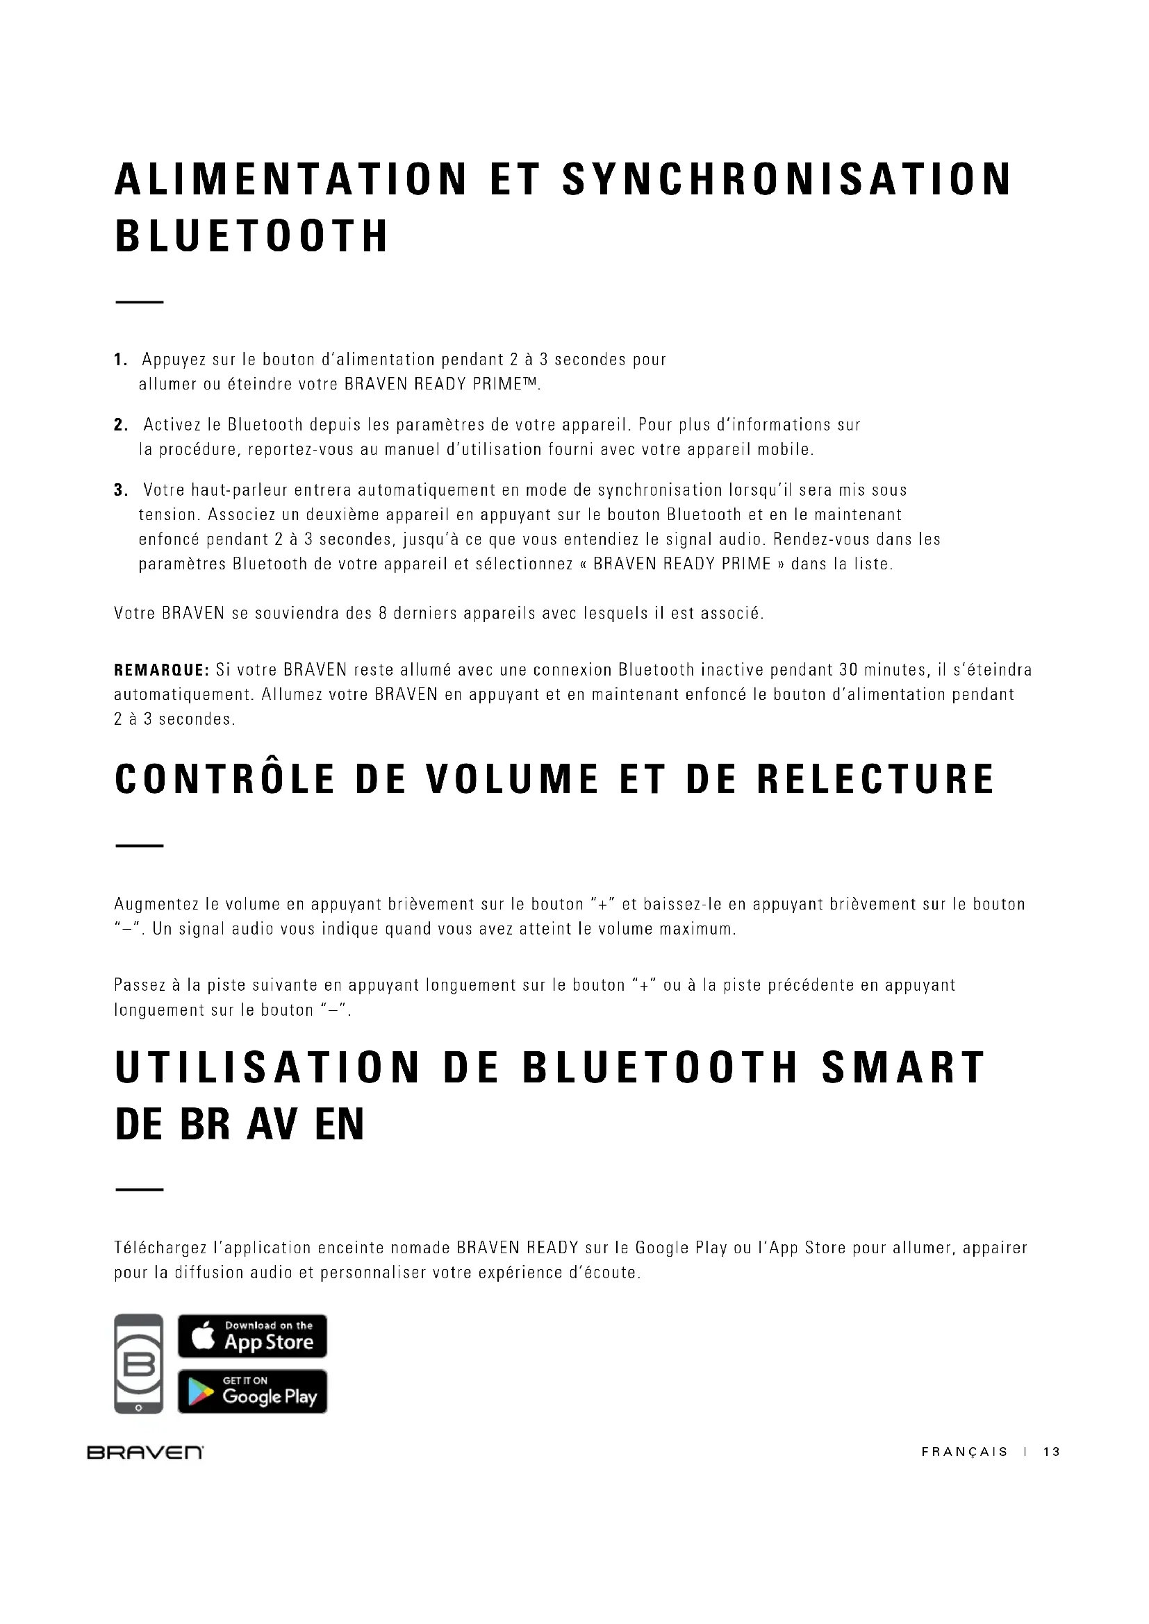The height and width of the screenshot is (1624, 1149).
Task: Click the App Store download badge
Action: click(x=252, y=1336)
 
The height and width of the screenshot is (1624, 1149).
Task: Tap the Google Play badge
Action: click(x=252, y=1391)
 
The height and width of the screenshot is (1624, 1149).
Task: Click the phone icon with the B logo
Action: click(x=139, y=1364)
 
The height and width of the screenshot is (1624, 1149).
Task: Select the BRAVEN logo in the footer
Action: click(x=145, y=1452)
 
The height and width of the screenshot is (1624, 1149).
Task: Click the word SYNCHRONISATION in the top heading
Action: click(x=787, y=180)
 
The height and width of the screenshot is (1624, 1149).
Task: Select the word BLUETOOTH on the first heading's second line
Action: click(x=252, y=236)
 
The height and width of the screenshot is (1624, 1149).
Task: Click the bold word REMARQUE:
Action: click(x=161, y=670)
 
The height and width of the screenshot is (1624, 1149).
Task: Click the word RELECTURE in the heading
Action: click(x=876, y=780)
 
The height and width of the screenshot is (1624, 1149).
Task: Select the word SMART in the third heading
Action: click(x=904, y=1067)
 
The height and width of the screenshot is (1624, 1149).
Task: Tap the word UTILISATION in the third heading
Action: click(x=267, y=1067)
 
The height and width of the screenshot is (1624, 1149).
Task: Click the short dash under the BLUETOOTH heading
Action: click(x=140, y=303)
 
